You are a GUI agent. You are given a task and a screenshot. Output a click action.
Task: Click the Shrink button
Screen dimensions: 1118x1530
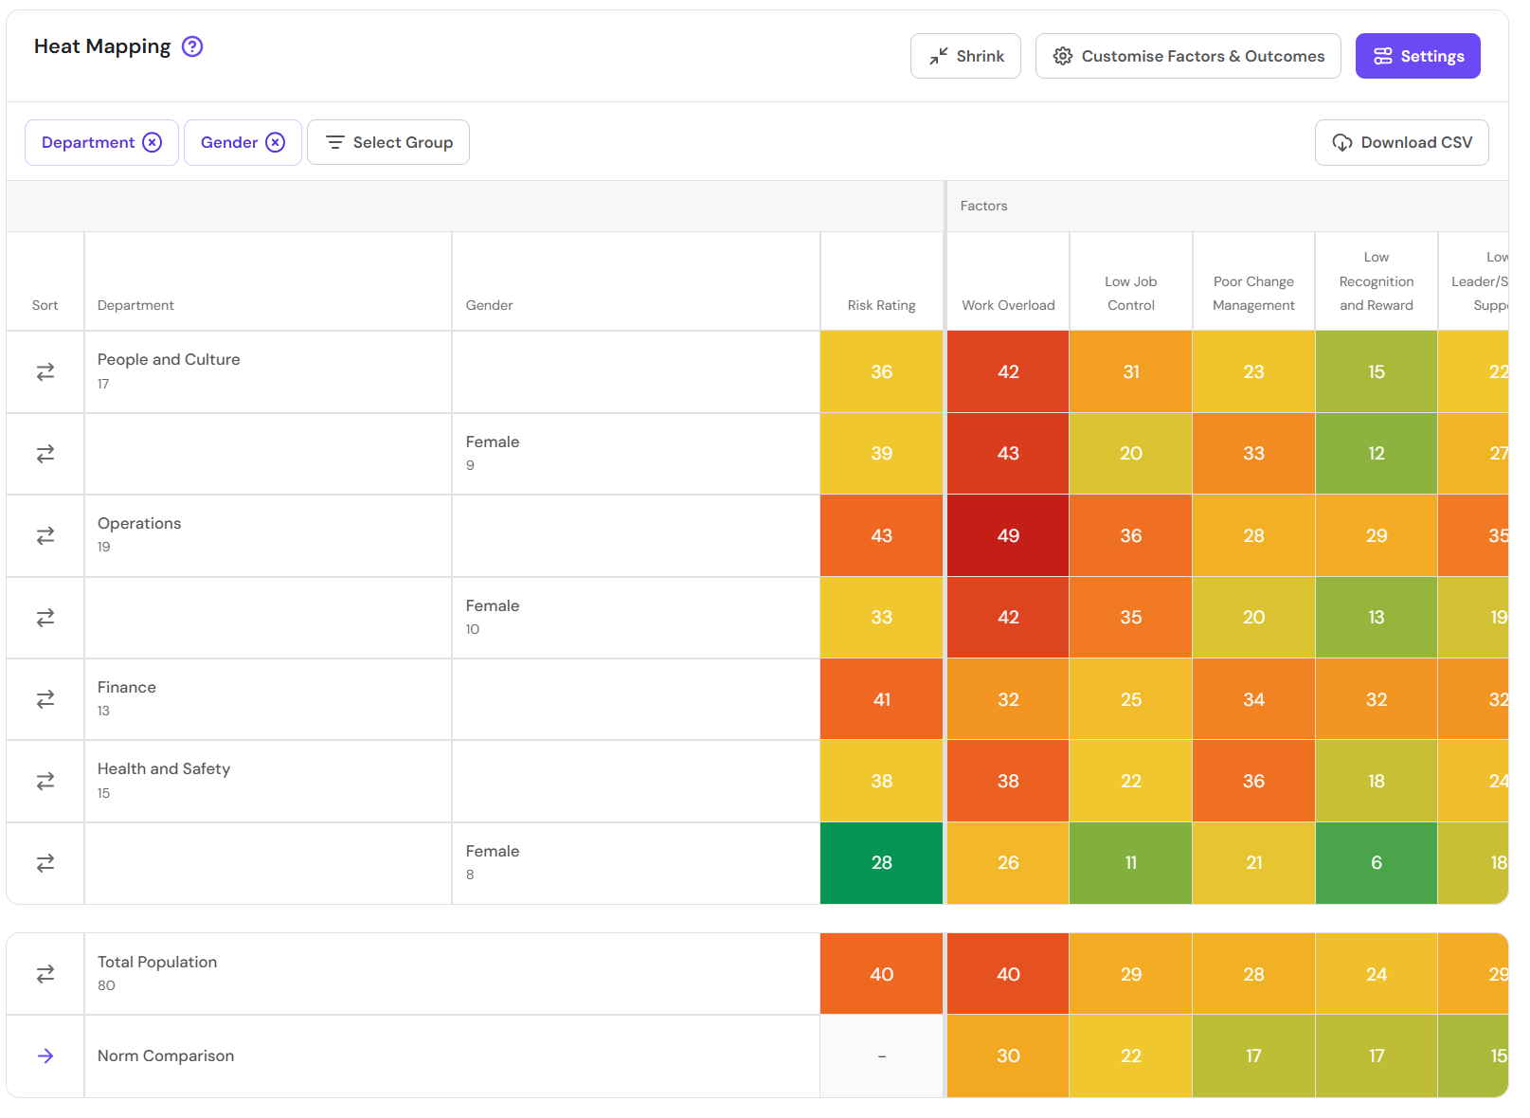coord(965,56)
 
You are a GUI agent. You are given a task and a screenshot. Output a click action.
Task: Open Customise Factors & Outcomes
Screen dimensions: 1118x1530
coord(1188,56)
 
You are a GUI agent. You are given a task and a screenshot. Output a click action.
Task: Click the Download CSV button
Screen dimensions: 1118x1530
coord(1401,142)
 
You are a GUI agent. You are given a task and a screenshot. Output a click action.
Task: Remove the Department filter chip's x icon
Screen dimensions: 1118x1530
coord(153,142)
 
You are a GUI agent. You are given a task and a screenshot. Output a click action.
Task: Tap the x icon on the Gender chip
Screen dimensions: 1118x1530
coord(275,142)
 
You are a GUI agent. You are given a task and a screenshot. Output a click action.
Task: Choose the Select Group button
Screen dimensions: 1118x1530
coord(388,142)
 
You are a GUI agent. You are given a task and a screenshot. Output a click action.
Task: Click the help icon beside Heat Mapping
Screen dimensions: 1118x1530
coord(192,46)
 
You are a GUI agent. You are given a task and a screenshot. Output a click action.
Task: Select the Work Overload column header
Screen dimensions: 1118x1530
coord(1008,305)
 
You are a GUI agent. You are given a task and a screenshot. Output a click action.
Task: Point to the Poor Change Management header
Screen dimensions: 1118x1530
coord(1253,294)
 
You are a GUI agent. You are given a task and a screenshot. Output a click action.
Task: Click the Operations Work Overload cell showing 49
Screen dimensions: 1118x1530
coord(1008,535)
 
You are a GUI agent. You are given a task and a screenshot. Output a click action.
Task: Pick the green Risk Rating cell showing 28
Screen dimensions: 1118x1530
coord(881,863)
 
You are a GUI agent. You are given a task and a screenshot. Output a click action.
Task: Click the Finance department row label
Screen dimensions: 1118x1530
coord(127,688)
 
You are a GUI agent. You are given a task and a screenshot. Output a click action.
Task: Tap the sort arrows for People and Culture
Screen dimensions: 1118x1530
coord(45,372)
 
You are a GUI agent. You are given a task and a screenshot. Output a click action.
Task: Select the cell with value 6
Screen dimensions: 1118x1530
coord(1376,863)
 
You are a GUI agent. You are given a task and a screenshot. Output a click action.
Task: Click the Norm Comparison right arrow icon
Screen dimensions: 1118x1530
coord(45,1056)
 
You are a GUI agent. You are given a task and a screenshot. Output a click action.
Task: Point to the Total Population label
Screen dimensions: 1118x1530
coord(157,963)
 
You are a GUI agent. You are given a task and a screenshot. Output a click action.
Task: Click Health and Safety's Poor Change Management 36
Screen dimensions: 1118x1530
coord(1253,782)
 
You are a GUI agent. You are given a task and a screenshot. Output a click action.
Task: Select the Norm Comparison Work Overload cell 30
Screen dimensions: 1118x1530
coord(1008,1056)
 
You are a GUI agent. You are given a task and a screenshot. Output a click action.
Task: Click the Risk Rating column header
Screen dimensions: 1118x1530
coord(881,305)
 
